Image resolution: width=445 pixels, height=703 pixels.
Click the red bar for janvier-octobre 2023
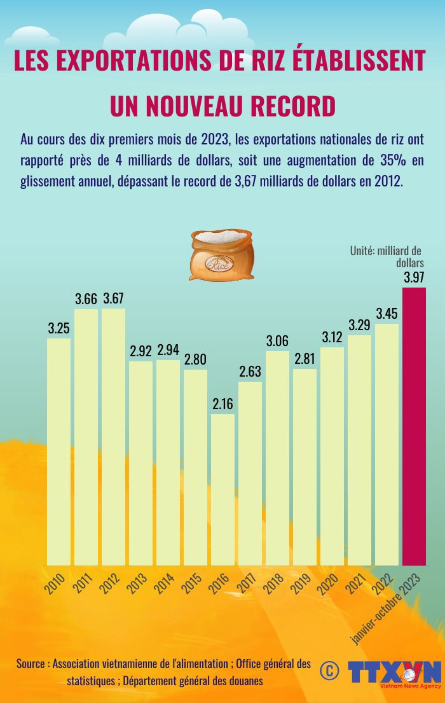pos(414,426)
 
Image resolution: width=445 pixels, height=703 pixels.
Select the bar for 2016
pos(222,490)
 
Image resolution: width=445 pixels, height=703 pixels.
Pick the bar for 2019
pos(305,467)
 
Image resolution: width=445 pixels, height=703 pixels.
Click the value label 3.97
pos(414,277)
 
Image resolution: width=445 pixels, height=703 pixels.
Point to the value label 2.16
pos(222,404)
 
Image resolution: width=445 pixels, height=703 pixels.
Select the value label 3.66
pos(86,298)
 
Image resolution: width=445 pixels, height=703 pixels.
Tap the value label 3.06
pos(277,341)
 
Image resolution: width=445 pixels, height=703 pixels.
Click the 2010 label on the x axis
pos(55,583)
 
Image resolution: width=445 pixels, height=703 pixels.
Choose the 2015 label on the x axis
pos(192,583)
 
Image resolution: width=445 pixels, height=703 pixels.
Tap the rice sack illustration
pos(221,255)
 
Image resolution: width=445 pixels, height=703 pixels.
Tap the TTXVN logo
pos(394,672)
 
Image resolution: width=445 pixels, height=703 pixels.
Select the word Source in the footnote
pos(31,664)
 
